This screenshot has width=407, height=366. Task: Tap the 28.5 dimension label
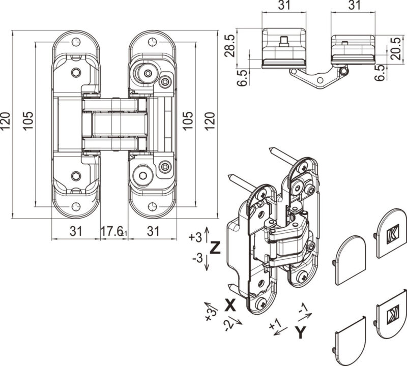tap(230, 45)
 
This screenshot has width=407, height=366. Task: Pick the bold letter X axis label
tap(230, 304)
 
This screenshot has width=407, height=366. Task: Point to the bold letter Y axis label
tap(301, 333)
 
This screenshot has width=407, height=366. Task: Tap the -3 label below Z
tap(197, 258)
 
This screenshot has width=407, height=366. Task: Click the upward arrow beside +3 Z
tap(207, 234)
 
